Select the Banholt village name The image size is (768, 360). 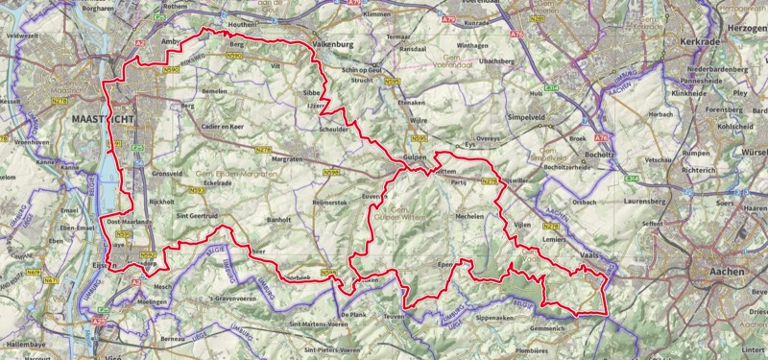[278, 220]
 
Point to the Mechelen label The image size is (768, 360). [469, 217]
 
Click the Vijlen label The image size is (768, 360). [522, 223]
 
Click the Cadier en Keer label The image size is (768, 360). [225, 127]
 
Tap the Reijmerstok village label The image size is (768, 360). [328, 203]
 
